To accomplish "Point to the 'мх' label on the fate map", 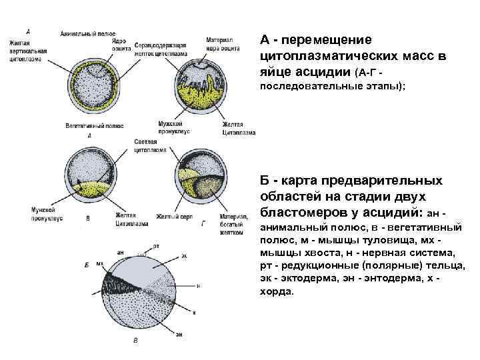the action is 100,264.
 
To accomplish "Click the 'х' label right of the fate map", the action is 194,312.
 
